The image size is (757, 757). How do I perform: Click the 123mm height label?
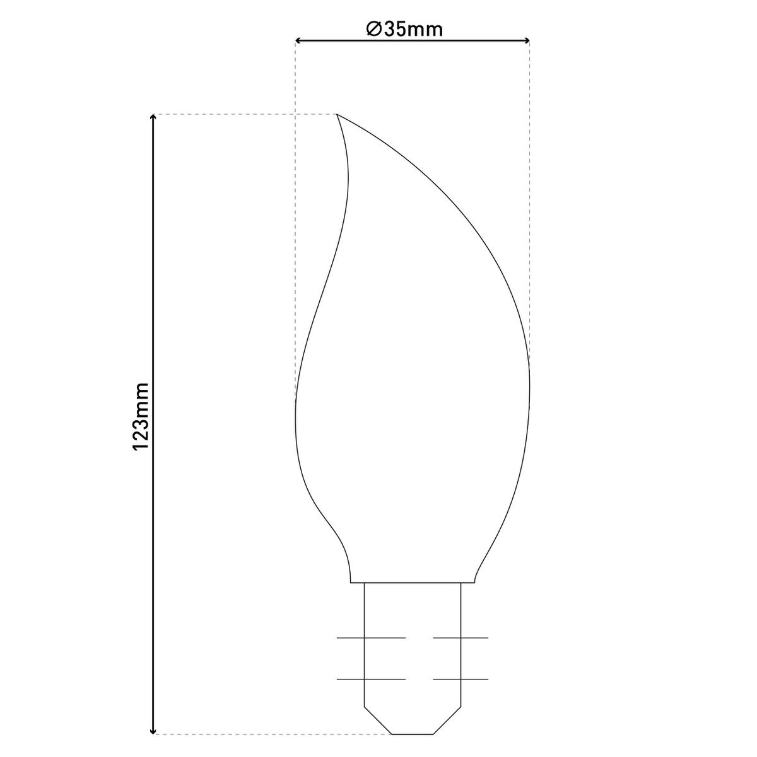point(140,416)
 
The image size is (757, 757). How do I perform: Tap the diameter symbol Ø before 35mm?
point(373,29)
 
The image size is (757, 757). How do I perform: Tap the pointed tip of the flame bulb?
point(337,115)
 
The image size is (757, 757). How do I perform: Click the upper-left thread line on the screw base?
point(371,638)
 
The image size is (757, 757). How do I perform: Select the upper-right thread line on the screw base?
point(461,638)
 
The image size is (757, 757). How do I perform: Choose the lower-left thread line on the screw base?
point(371,679)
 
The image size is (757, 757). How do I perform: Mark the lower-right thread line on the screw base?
point(461,679)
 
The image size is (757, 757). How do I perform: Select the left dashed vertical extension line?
point(295,221)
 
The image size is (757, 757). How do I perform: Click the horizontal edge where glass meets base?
point(413,582)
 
